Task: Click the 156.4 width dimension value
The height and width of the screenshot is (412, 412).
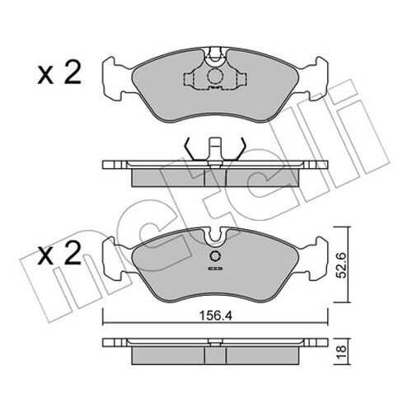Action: coord(216,316)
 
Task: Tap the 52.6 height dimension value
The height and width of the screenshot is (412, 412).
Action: coord(341,265)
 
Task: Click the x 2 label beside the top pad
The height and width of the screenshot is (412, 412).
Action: coord(59,73)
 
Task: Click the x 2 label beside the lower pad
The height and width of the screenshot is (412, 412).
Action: coord(59,253)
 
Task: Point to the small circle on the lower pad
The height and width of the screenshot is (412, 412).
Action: coord(215,257)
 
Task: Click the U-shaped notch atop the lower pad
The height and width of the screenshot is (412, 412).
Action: coord(215,236)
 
